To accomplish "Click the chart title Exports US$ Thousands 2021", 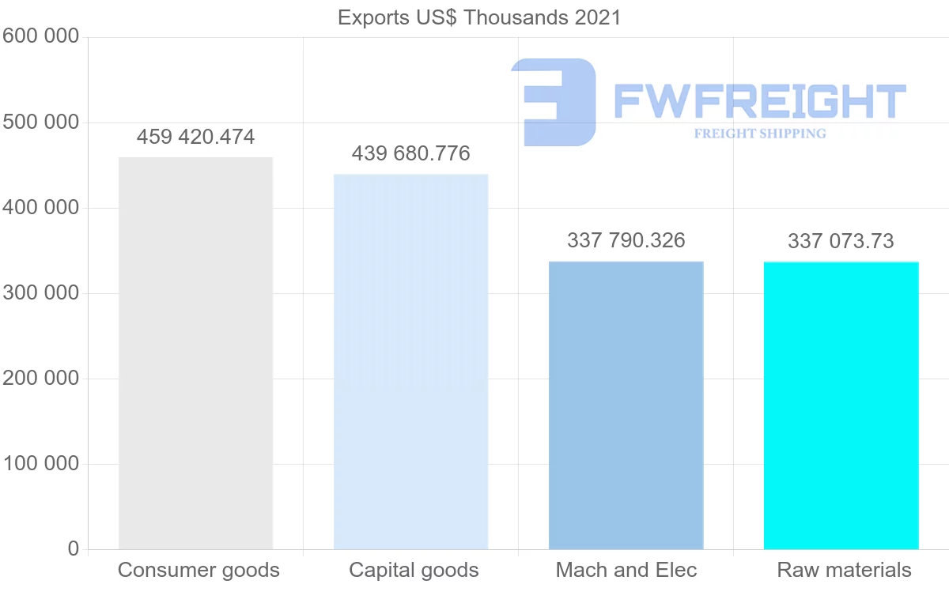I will [479, 17].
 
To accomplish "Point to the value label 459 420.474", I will [195, 138].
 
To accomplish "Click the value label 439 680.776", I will [410, 153].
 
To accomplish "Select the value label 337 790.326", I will [626, 240].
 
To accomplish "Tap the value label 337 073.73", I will [841, 241].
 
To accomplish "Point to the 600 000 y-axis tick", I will [40, 37].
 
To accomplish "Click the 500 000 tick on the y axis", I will [40, 122].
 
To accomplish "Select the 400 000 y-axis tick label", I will [40, 208].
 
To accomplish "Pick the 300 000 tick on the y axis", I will [40, 293].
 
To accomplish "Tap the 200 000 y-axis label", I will [40, 379].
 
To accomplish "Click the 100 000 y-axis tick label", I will [40, 464].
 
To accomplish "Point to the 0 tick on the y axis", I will [74, 549].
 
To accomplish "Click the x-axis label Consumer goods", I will [198, 571].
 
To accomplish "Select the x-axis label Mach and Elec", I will [626, 571].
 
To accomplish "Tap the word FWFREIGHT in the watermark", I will [759, 101].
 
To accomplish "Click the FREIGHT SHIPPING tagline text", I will [760, 134].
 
